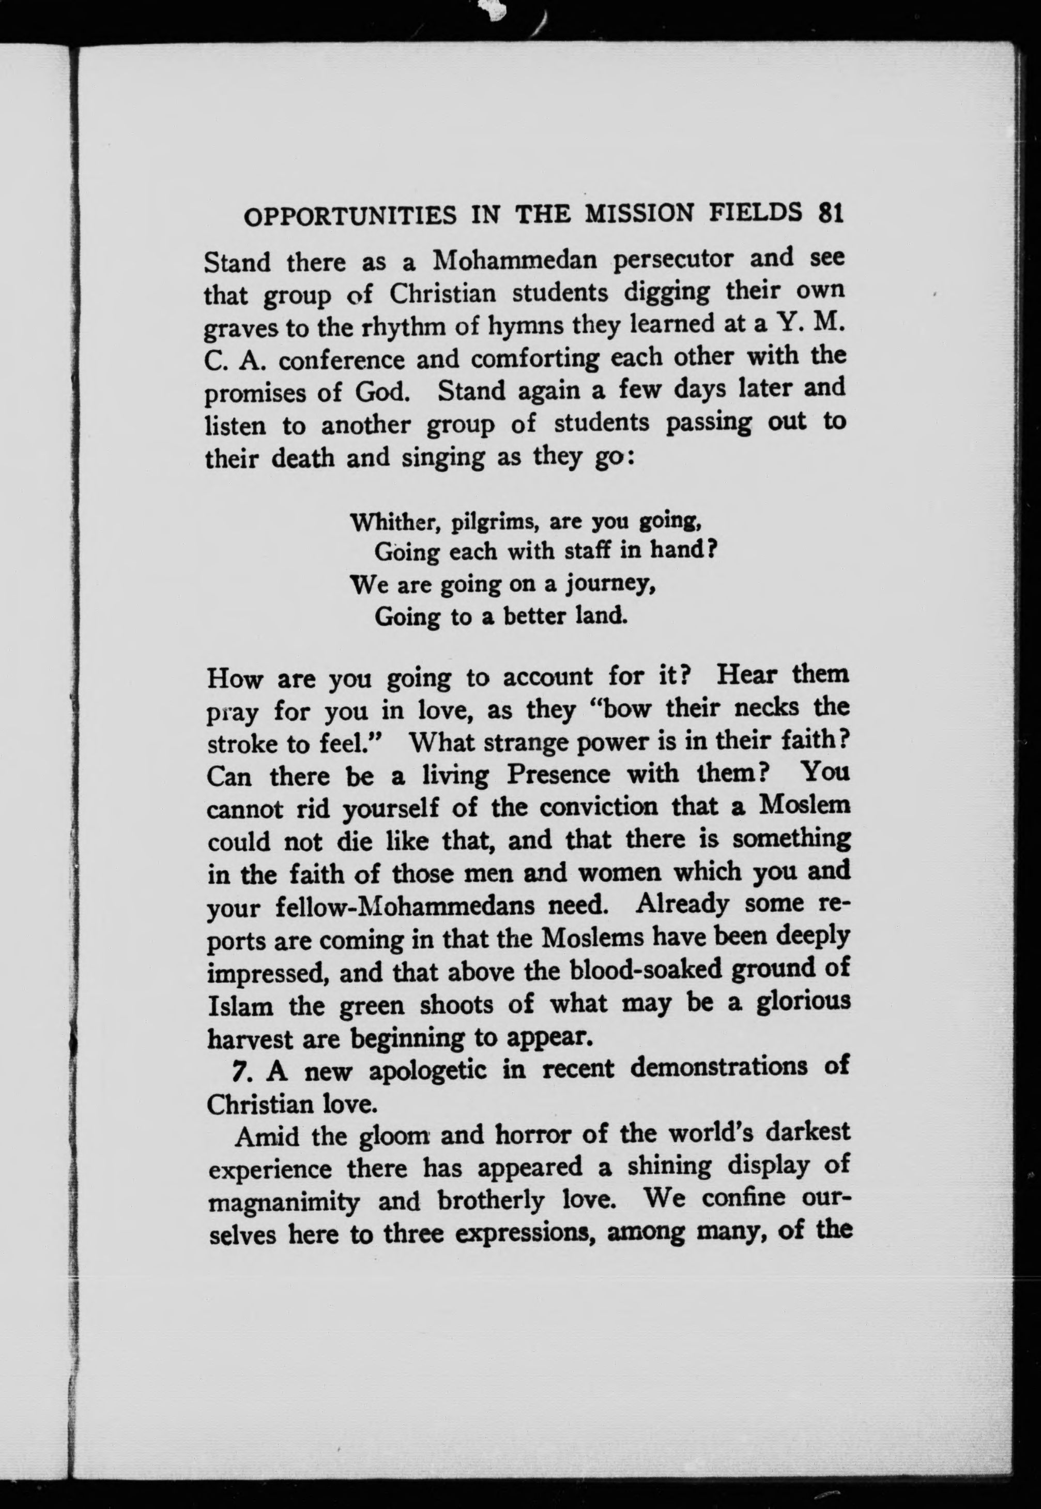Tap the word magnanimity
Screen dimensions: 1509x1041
284,1202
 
